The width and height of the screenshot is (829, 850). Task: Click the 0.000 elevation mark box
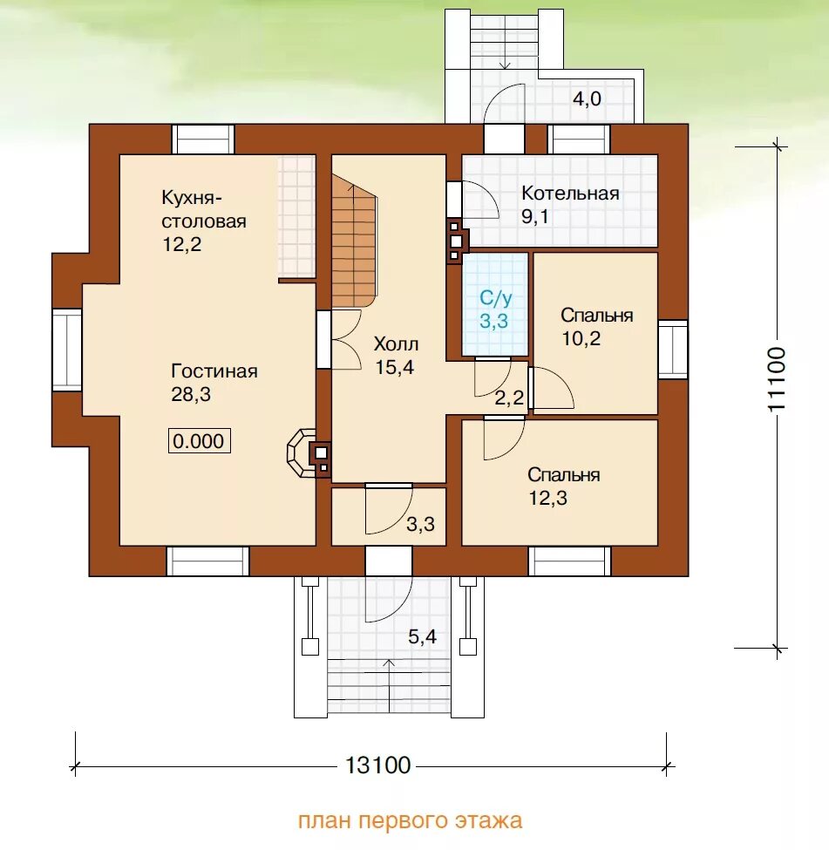(199, 441)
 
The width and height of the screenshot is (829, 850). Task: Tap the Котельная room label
(570, 193)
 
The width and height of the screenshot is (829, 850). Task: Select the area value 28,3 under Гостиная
(191, 395)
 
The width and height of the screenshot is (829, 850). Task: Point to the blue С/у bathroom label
(495, 298)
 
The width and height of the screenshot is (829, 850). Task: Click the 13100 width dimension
(378, 765)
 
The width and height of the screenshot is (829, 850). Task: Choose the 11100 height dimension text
(777, 379)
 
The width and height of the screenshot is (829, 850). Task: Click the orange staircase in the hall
(354, 241)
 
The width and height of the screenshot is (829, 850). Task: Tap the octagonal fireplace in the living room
(302, 453)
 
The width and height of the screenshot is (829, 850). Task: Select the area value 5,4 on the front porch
(423, 636)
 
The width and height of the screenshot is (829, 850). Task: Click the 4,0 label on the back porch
(587, 99)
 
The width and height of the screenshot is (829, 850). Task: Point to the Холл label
(396, 343)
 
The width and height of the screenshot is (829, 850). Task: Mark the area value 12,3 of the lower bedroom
(547, 498)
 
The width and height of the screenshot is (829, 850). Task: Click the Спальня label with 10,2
(596, 315)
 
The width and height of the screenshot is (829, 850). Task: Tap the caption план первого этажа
(410, 820)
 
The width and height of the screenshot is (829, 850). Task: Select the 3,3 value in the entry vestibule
(420, 524)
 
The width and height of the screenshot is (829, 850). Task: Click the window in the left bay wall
(67, 350)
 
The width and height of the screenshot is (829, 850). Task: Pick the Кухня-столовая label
(204, 209)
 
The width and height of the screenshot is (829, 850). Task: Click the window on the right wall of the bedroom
(673, 349)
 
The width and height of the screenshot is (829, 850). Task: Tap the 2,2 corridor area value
(510, 398)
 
